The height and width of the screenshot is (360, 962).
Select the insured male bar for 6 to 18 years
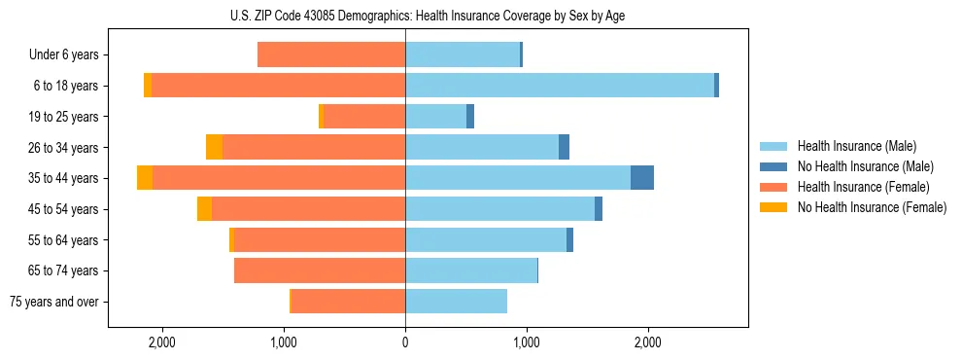coord(560,86)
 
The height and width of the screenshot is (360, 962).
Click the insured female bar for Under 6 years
coord(331,54)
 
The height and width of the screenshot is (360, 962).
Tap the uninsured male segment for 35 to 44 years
coord(642,178)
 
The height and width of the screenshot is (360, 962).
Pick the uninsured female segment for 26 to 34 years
coord(214,147)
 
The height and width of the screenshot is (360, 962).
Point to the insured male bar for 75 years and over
coord(456,302)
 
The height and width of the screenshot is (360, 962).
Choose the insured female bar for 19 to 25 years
coord(364,117)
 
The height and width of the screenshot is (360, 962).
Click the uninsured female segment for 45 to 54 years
coord(204,209)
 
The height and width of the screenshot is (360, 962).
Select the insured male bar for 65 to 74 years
coord(471,270)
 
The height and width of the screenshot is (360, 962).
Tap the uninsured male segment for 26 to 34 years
coord(564,147)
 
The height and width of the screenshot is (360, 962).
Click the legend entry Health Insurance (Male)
coord(856,146)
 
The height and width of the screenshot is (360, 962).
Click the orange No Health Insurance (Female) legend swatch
coord(773,207)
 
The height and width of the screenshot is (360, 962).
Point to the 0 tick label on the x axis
coord(405,342)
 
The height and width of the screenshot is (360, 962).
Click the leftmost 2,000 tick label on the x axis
coord(161,342)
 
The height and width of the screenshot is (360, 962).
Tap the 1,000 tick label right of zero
coord(527,342)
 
